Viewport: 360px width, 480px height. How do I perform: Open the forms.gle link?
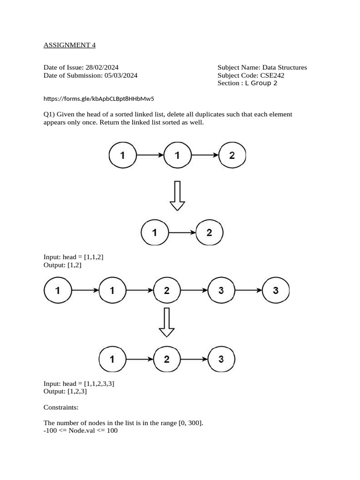pyautogui.click(x=99, y=99)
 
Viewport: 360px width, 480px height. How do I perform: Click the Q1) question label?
pyautogui.click(x=49, y=114)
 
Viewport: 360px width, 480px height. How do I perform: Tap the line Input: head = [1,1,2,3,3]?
pyautogui.click(x=79, y=383)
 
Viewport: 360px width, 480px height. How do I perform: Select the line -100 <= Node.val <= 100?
pyautogui.click(x=81, y=430)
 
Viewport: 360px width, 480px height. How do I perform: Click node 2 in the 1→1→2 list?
pyautogui.click(x=232, y=156)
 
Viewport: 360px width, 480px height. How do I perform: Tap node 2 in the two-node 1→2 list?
pyautogui.click(x=209, y=232)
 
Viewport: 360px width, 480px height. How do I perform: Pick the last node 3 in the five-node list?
pyautogui.click(x=276, y=291)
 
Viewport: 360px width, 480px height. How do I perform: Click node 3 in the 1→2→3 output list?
pyautogui.click(x=221, y=360)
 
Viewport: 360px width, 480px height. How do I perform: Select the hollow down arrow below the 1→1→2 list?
pyautogui.click(x=177, y=196)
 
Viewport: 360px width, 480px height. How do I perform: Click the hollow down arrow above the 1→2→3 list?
pyautogui.click(x=166, y=322)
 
